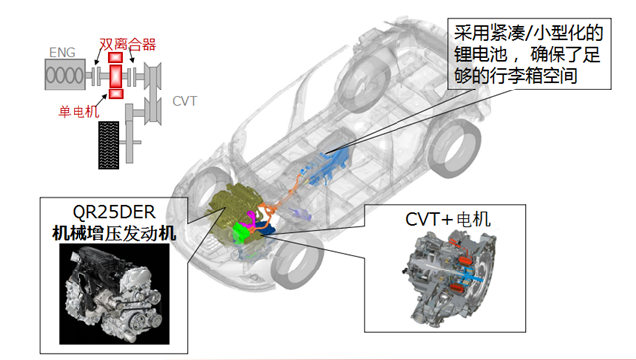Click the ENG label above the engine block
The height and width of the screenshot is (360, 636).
coord(62,53)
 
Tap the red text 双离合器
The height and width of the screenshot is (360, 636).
coord(128,44)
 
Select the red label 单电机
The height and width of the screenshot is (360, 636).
coord(79,111)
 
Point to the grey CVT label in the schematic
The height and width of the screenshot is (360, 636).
coord(185,101)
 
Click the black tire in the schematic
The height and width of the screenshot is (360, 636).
coord(109,145)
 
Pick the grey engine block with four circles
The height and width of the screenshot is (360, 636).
coord(65,75)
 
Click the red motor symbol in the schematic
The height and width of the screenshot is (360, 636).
coord(116,76)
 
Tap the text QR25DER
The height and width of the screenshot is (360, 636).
coord(113,212)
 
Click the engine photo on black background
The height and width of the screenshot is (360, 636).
coord(114,293)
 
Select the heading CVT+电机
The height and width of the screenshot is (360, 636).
coord(448,219)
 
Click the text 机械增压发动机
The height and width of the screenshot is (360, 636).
coord(114,234)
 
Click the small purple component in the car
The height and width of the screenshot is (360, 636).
coord(300,214)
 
